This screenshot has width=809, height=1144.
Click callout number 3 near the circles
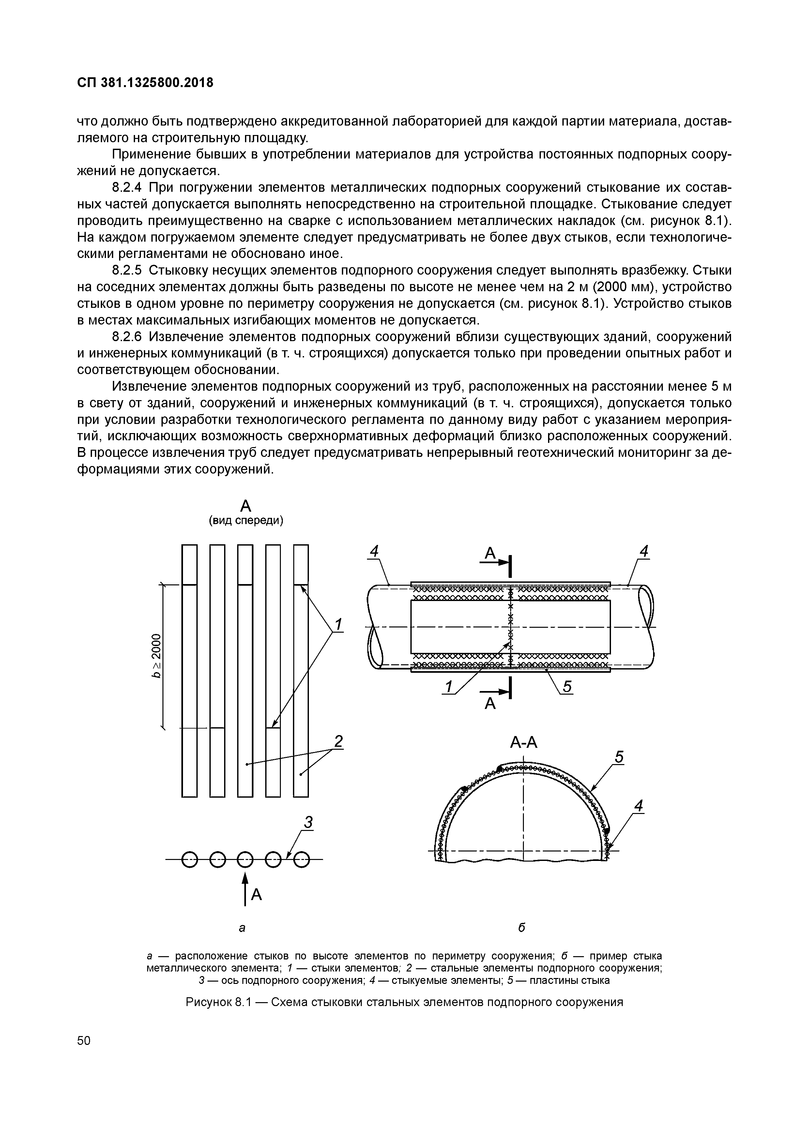309,823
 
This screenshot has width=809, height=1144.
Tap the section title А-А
523,743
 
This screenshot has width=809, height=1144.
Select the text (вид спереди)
246,521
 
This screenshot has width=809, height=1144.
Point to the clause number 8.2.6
127,337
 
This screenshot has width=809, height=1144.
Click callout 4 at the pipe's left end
374,551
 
